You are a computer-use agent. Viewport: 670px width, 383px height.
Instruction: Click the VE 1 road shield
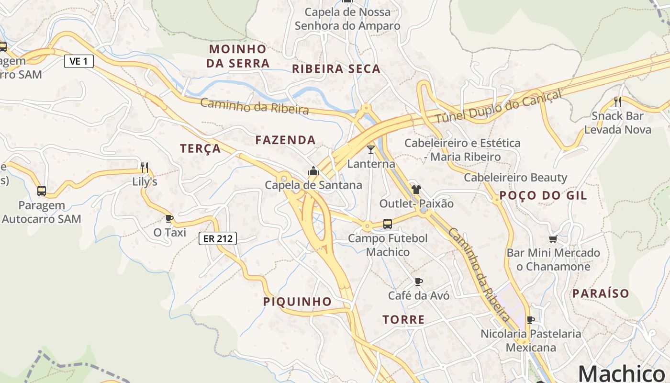point(79,61)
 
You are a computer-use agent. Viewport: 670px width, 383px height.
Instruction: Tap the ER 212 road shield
point(218,238)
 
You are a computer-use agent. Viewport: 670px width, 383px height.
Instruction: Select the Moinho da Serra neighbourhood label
point(238,56)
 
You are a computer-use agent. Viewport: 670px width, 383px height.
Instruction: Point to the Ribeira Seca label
point(336,69)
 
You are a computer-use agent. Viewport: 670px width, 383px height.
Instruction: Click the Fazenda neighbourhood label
point(285,140)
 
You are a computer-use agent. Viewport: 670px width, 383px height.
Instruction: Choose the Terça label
point(201,148)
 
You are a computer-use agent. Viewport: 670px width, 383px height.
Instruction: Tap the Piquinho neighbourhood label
point(297,302)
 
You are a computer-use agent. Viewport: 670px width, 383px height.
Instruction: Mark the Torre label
point(403,320)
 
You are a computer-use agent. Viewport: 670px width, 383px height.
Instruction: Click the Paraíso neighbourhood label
point(601,293)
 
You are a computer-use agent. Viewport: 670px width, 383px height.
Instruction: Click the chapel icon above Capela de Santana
point(313,171)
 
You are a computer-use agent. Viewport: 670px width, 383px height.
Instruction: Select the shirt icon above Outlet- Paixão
point(416,190)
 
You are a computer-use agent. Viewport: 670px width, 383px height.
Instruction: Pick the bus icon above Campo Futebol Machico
point(388,224)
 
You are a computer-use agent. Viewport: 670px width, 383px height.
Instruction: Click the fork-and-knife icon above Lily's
point(145,168)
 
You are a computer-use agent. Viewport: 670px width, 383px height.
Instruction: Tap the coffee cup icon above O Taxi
point(169,219)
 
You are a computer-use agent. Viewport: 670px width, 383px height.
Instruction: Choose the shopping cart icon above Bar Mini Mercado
point(553,239)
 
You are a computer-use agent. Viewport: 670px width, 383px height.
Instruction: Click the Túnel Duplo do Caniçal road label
point(498,107)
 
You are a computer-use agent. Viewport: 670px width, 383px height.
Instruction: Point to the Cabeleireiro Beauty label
point(515,178)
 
